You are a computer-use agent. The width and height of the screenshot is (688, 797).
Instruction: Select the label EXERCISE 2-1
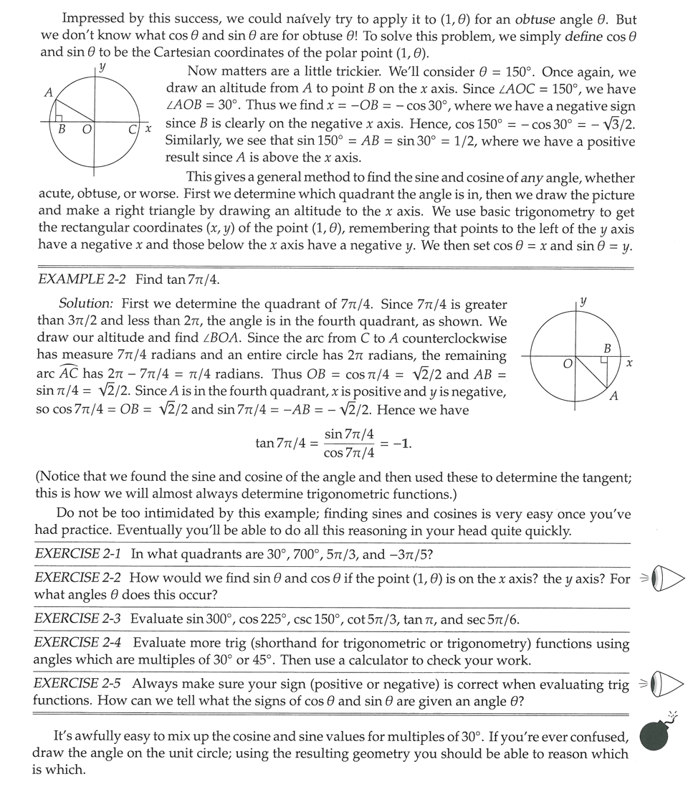77,554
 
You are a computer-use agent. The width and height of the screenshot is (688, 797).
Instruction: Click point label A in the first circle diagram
48,92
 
